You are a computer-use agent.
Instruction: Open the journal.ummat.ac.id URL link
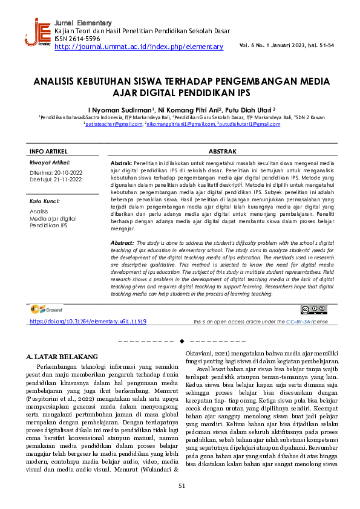click(139, 47)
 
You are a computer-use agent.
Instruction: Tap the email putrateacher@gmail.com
click(113, 124)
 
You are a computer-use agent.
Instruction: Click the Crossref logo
click(47, 310)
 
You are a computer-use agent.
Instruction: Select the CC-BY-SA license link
click(298, 322)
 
